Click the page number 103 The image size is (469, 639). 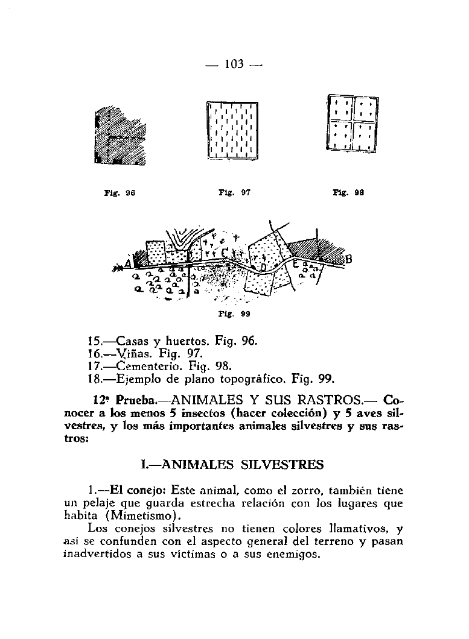(x=233, y=63)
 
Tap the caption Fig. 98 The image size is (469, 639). (x=349, y=193)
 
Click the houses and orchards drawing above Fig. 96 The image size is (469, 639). (x=121, y=135)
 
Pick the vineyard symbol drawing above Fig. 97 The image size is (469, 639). (x=232, y=130)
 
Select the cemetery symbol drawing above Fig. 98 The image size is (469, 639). (x=353, y=125)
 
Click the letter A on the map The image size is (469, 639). (x=128, y=263)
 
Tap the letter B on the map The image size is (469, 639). (x=348, y=260)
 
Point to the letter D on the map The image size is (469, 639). (x=263, y=266)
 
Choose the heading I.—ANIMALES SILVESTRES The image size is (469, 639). (x=232, y=465)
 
